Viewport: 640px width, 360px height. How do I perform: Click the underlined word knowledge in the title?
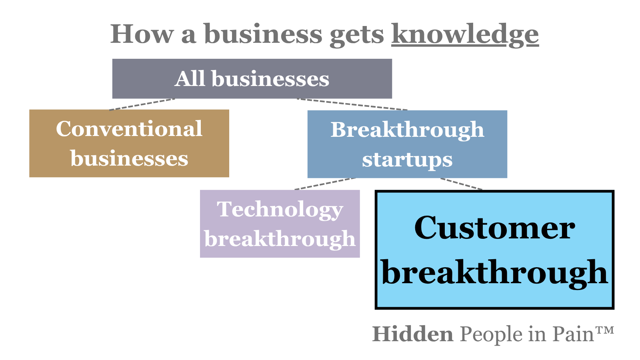click(x=465, y=34)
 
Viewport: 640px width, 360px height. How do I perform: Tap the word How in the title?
click(x=142, y=34)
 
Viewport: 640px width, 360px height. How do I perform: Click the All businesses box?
click(x=252, y=79)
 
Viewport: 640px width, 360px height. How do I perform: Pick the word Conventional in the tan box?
click(x=129, y=129)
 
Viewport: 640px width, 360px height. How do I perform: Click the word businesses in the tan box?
click(x=129, y=158)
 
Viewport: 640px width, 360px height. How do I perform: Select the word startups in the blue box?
click(x=407, y=160)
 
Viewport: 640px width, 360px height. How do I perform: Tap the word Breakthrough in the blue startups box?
click(x=407, y=130)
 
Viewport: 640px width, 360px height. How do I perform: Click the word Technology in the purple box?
click(x=280, y=210)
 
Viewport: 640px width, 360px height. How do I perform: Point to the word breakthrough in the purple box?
click(x=280, y=239)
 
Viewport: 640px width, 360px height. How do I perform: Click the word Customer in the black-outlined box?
click(x=494, y=228)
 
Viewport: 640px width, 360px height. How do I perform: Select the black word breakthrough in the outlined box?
click(x=494, y=272)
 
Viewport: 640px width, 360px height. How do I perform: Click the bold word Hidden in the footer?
click(x=412, y=334)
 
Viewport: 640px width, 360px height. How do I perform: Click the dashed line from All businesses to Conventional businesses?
click(x=142, y=104)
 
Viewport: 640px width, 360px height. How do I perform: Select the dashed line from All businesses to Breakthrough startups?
click(x=352, y=104)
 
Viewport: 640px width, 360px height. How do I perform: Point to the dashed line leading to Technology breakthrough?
click(x=325, y=184)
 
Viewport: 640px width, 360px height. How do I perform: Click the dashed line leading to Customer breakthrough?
click(x=461, y=184)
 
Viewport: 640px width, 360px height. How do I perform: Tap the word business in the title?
click(x=263, y=34)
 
